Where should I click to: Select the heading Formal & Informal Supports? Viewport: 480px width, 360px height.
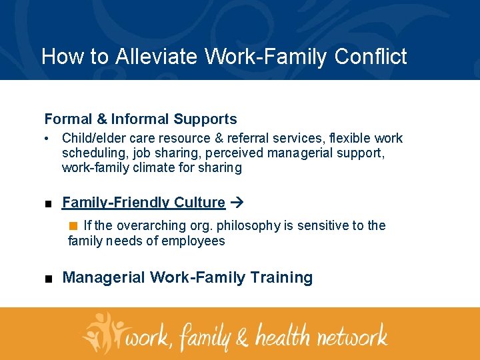click(141, 119)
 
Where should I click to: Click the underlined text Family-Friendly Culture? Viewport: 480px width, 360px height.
click(143, 203)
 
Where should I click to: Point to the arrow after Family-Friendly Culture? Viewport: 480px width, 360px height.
click(238, 203)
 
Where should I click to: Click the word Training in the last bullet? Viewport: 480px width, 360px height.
click(280, 277)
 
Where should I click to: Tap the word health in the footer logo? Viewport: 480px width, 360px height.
click(273, 335)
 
